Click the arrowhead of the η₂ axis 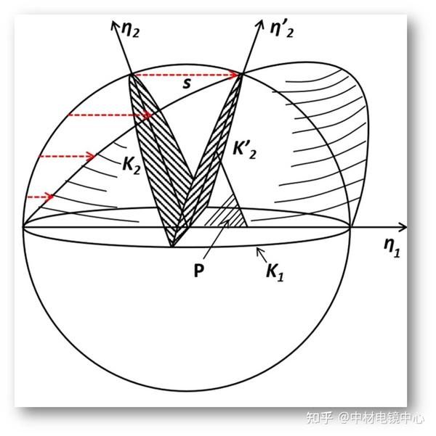pos(115,27)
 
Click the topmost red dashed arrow pos(186,74)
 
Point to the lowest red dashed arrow pos(39,197)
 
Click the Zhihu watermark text pos(320,418)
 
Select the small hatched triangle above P pos(230,213)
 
